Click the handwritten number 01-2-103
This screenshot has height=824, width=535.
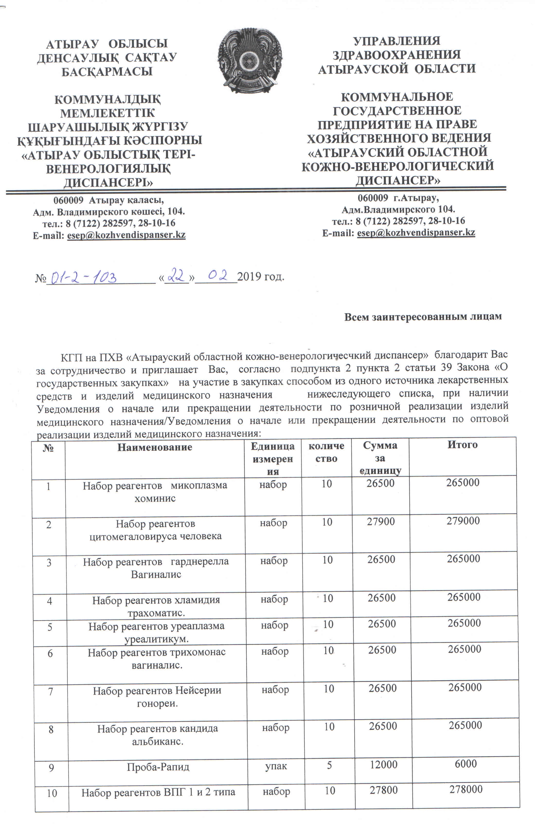83,278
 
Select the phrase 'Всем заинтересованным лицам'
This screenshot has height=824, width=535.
422,317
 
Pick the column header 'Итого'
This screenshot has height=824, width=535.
462,445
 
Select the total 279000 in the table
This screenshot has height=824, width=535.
463,521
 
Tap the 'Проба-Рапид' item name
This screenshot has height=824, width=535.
158,767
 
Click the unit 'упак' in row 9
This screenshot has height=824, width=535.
276,766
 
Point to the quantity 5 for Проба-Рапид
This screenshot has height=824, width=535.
329,765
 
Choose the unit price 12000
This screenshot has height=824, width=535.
383,765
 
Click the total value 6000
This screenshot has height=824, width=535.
465,764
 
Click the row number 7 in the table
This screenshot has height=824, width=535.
51,692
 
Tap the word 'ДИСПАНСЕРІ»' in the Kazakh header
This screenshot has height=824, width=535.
108,182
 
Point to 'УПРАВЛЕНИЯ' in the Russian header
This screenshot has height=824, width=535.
396,41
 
